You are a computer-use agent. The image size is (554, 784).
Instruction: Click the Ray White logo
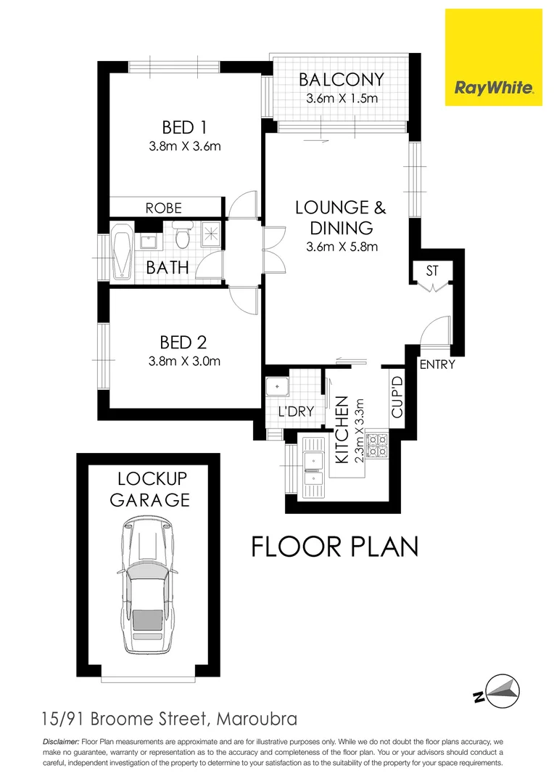[x=493, y=57]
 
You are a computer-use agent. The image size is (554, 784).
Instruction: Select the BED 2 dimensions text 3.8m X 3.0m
[x=183, y=361]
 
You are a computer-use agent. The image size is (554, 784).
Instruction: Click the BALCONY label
[x=342, y=80]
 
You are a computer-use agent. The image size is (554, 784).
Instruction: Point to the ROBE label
[x=164, y=208]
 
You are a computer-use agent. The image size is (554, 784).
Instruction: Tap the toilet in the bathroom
[x=181, y=234]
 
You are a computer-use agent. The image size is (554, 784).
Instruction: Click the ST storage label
[x=433, y=271]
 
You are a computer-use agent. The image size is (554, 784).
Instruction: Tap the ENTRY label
[x=437, y=364]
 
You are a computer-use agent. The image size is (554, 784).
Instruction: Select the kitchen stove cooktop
[x=379, y=445]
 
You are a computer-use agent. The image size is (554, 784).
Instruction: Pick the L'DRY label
[x=296, y=412]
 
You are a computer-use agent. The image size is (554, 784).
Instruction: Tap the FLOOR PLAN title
[x=334, y=546]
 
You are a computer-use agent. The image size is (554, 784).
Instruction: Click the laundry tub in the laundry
[x=277, y=386]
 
